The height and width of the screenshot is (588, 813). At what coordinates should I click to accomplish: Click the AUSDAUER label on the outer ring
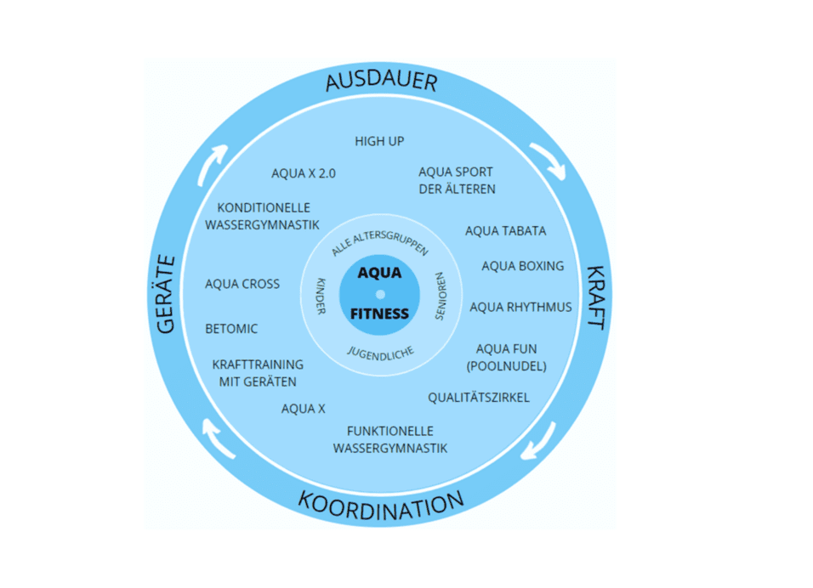(380, 82)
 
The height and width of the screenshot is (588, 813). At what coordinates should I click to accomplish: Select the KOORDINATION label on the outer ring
(380, 504)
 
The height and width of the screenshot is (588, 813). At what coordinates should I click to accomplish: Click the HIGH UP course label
(379, 141)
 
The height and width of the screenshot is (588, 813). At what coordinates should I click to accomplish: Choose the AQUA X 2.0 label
(304, 172)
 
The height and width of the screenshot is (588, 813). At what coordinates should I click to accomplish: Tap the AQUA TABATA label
(505, 230)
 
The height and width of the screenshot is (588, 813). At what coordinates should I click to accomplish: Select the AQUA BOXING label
(522, 266)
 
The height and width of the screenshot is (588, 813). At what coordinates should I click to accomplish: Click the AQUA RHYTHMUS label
(520, 307)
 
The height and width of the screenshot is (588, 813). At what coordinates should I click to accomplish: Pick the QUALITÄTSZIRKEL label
(478, 397)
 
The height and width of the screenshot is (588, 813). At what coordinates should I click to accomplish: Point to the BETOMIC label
(231, 328)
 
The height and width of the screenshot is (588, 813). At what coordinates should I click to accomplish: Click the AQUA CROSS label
(242, 284)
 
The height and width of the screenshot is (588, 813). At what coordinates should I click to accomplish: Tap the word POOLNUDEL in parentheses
(506, 365)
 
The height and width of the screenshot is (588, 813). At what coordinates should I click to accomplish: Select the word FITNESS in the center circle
(379, 314)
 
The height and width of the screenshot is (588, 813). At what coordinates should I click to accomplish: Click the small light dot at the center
(380, 294)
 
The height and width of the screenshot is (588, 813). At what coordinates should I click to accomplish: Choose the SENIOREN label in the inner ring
(441, 297)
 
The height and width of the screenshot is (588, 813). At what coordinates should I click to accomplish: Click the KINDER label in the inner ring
(320, 295)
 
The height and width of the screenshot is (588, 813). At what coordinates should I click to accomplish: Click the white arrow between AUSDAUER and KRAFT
(547, 161)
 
